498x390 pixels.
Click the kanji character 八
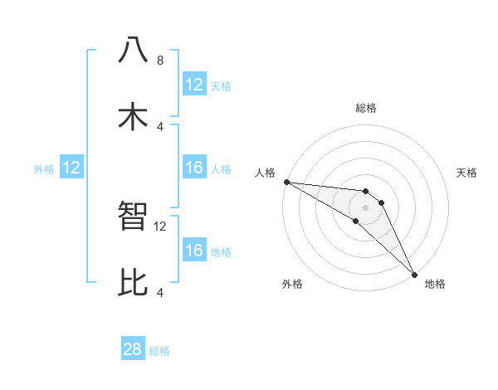(x=133, y=50)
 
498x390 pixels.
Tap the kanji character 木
(x=133, y=117)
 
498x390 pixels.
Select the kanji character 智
(x=133, y=217)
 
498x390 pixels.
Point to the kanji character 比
(x=133, y=283)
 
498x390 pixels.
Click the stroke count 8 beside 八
(x=160, y=60)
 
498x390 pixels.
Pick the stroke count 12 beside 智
(x=160, y=226)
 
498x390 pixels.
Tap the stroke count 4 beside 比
(x=160, y=292)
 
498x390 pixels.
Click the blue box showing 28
(x=133, y=349)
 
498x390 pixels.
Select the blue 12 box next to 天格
(x=194, y=85)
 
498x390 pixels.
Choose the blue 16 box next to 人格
(x=194, y=168)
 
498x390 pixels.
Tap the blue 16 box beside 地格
(x=194, y=251)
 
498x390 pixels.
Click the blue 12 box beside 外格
(x=71, y=168)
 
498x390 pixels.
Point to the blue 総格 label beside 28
(x=159, y=351)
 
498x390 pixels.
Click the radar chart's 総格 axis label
(x=366, y=108)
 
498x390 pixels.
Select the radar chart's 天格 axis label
(x=467, y=173)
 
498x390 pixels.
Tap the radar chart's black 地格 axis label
(x=435, y=284)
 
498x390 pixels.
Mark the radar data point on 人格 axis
(x=286, y=182)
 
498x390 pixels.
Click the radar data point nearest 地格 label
(x=413, y=273)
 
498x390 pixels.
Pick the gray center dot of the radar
(x=366, y=207)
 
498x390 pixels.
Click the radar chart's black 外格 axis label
(x=292, y=284)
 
